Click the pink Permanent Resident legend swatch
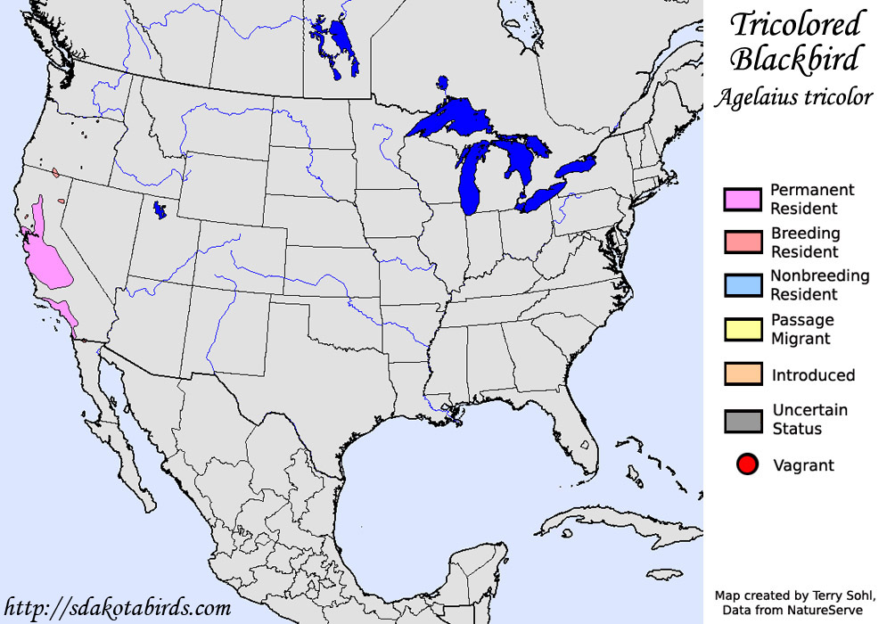[742, 199]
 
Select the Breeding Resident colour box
[742, 242]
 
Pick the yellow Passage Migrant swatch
[742, 329]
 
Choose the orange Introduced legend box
[742, 374]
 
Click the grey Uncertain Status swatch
[742, 419]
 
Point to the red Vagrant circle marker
[747, 464]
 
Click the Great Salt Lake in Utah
[160, 210]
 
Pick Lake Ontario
[575, 167]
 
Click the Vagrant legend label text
[802, 464]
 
